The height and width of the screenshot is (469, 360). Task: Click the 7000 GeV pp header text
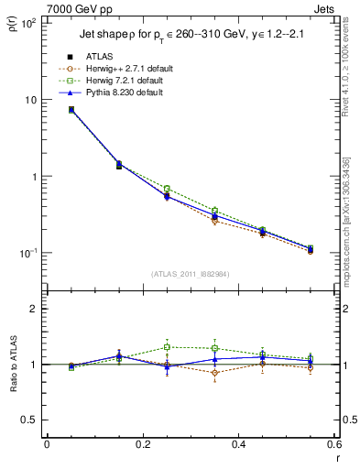80,8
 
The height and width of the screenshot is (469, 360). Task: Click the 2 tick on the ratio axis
37,309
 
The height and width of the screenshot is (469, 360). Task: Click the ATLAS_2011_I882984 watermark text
190,274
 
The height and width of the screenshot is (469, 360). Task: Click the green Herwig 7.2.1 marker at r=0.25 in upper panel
167,189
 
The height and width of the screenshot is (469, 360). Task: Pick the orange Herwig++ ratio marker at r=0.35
214,373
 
